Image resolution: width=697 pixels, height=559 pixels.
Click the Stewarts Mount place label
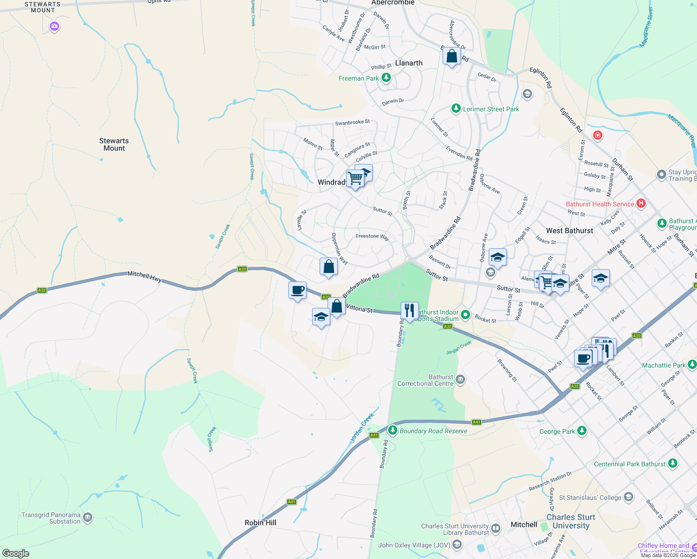point(114,144)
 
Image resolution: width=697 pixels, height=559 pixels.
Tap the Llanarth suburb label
point(409,63)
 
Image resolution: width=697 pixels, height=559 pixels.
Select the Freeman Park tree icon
point(386,78)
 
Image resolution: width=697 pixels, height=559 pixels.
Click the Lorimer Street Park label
point(491,109)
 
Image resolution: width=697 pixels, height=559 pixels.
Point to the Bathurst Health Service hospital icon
point(641,203)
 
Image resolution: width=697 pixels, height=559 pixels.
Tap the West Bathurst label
point(569,231)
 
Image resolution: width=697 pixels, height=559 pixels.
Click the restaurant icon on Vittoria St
point(409,311)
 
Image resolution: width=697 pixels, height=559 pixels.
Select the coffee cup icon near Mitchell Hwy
point(297,290)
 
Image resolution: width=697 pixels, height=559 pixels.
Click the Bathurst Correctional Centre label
point(425,380)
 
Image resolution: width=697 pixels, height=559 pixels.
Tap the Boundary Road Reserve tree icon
point(393,430)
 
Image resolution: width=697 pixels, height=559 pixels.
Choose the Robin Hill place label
point(260,523)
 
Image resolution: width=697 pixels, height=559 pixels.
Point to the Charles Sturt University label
point(571,521)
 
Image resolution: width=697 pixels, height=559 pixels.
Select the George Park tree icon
point(581,431)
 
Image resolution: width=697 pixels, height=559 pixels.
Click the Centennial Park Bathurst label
point(629,464)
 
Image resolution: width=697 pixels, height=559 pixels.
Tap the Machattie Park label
point(663,365)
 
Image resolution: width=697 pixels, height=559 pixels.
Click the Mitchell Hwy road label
point(144,277)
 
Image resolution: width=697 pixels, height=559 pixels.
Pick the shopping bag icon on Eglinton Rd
point(451,56)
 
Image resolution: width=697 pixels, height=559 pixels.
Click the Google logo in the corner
point(16,553)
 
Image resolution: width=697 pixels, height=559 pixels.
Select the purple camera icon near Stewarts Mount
point(55,27)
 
